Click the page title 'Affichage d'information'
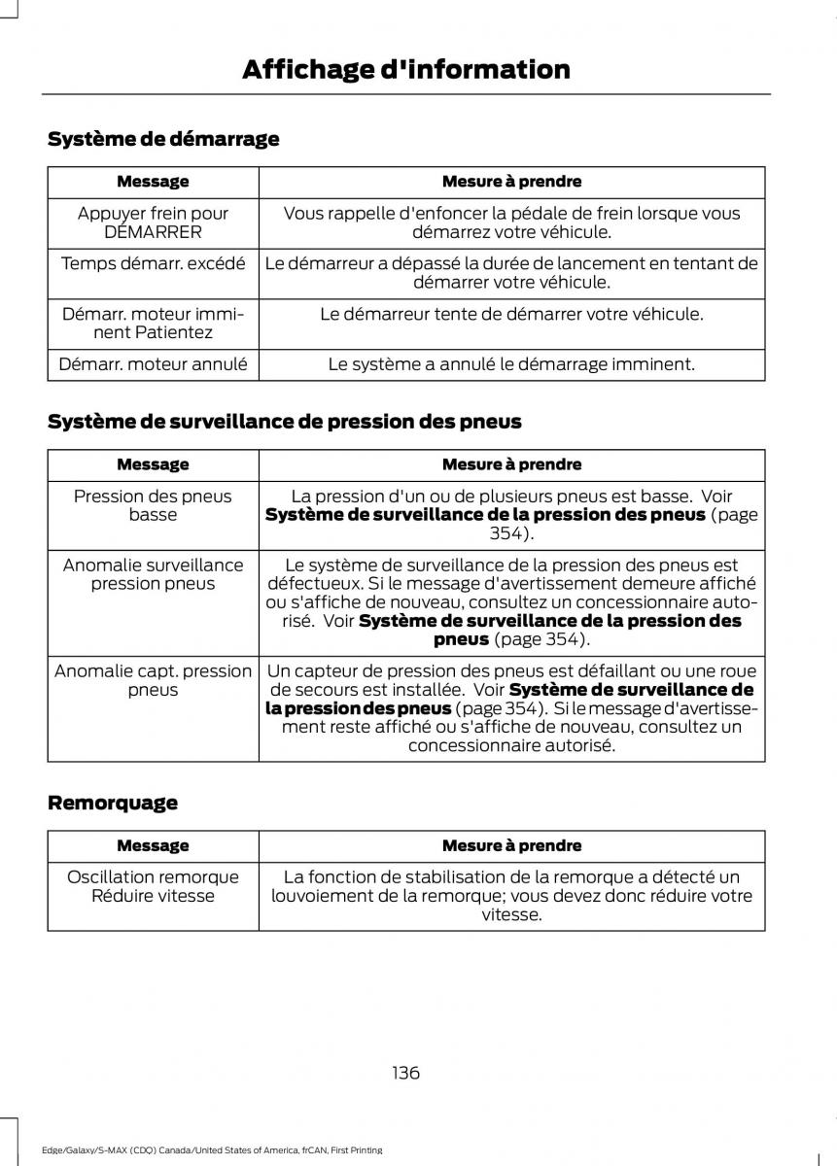(x=405, y=70)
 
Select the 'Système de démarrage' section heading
(x=163, y=139)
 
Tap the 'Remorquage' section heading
(x=113, y=803)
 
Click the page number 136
(x=406, y=1073)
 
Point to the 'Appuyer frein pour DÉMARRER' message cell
(x=153, y=223)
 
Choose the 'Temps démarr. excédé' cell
(x=153, y=263)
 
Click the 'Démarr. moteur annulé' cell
(x=153, y=364)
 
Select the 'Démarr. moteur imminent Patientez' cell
(x=153, y=323)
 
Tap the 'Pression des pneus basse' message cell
(x=153, y=505)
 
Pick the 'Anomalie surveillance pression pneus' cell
(x=153, y=574)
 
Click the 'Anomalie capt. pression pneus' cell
(x=153, y=680)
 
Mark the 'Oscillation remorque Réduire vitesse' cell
(x=153, y=886)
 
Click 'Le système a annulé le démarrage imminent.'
(x=511, y=364)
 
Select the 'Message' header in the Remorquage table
(x=153, y=846)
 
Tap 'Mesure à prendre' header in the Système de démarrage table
(x=511, y=182)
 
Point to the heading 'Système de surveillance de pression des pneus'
(x=285, y=422)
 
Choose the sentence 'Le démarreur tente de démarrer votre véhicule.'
(x=511, y=314)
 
